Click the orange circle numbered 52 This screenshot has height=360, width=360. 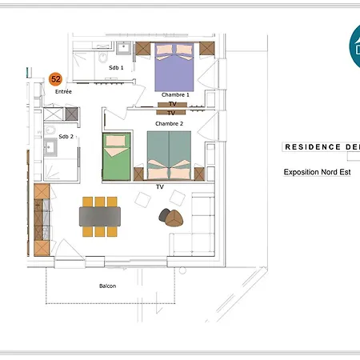(55, 79)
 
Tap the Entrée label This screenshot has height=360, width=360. (63, 91)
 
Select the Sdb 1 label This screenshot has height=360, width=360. (116, 68)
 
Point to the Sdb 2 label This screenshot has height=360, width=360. (66, 137)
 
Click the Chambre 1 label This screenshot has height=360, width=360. (175, 94)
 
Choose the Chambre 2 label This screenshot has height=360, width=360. (169, 123)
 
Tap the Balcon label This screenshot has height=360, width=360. (107, 286)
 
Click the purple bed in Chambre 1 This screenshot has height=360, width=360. (174, 67)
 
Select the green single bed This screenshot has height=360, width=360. (116, 156)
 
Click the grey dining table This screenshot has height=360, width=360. (100, 217)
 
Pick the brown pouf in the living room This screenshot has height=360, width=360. (174, 218)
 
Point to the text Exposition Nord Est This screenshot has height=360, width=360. (317, 172)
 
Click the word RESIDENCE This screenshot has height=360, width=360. (313, 147)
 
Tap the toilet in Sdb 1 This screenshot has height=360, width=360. (102, 57)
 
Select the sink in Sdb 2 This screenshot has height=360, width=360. (50, 147)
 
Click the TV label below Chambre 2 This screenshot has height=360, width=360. (160, 187)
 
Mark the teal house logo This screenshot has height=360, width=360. (355, 46)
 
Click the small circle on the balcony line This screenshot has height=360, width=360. (182, 270)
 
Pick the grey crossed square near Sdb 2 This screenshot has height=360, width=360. (71, 114)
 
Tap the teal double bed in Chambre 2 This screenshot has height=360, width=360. (169, 155)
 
